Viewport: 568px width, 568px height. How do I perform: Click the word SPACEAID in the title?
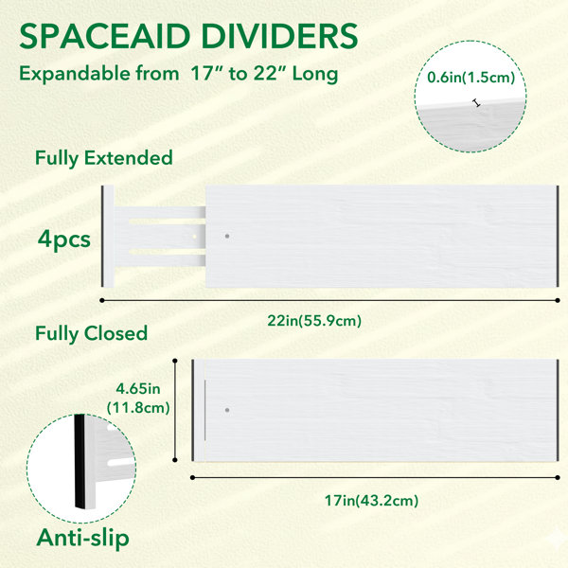[105, 36]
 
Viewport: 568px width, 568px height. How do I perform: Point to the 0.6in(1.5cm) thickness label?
[470, 78]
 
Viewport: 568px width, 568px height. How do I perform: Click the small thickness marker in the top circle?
[477, 103]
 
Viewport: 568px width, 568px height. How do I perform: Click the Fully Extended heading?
[103, 159]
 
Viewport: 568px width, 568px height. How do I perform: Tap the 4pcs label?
[64, 240]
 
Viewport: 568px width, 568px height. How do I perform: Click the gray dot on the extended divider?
[227, 236]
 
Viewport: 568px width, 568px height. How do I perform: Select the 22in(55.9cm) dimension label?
[314, 321]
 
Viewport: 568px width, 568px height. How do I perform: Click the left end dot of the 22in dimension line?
[102, 300]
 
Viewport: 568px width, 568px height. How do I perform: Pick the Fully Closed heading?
[91, 333]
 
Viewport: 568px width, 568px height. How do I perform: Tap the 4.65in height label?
[138, 389]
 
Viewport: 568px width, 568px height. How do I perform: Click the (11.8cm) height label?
[138, 408]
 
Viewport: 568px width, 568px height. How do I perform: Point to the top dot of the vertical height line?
[175, 361]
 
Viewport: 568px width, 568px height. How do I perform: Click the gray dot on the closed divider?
[227, 411]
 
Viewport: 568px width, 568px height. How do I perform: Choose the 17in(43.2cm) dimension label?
[371, 501]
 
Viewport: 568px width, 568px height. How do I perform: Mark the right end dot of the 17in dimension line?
[558, 478]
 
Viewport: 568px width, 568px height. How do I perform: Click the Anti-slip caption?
[83, 538]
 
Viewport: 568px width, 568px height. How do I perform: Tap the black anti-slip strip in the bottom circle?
[80, 461]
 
